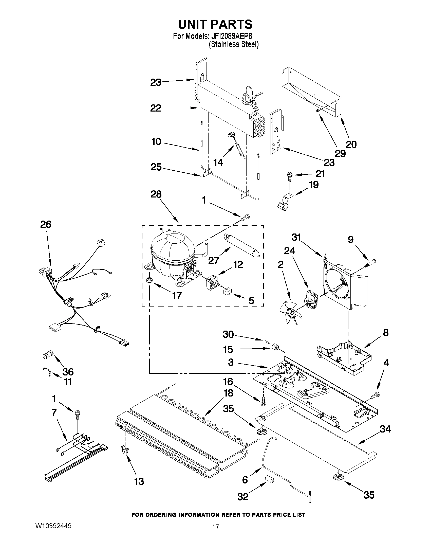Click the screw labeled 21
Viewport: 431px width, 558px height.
[290, 176]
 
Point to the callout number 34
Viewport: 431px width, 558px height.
[385, 429]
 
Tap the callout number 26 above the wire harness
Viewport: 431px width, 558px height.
[46, 224]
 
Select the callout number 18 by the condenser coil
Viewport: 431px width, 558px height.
[228, 393]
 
